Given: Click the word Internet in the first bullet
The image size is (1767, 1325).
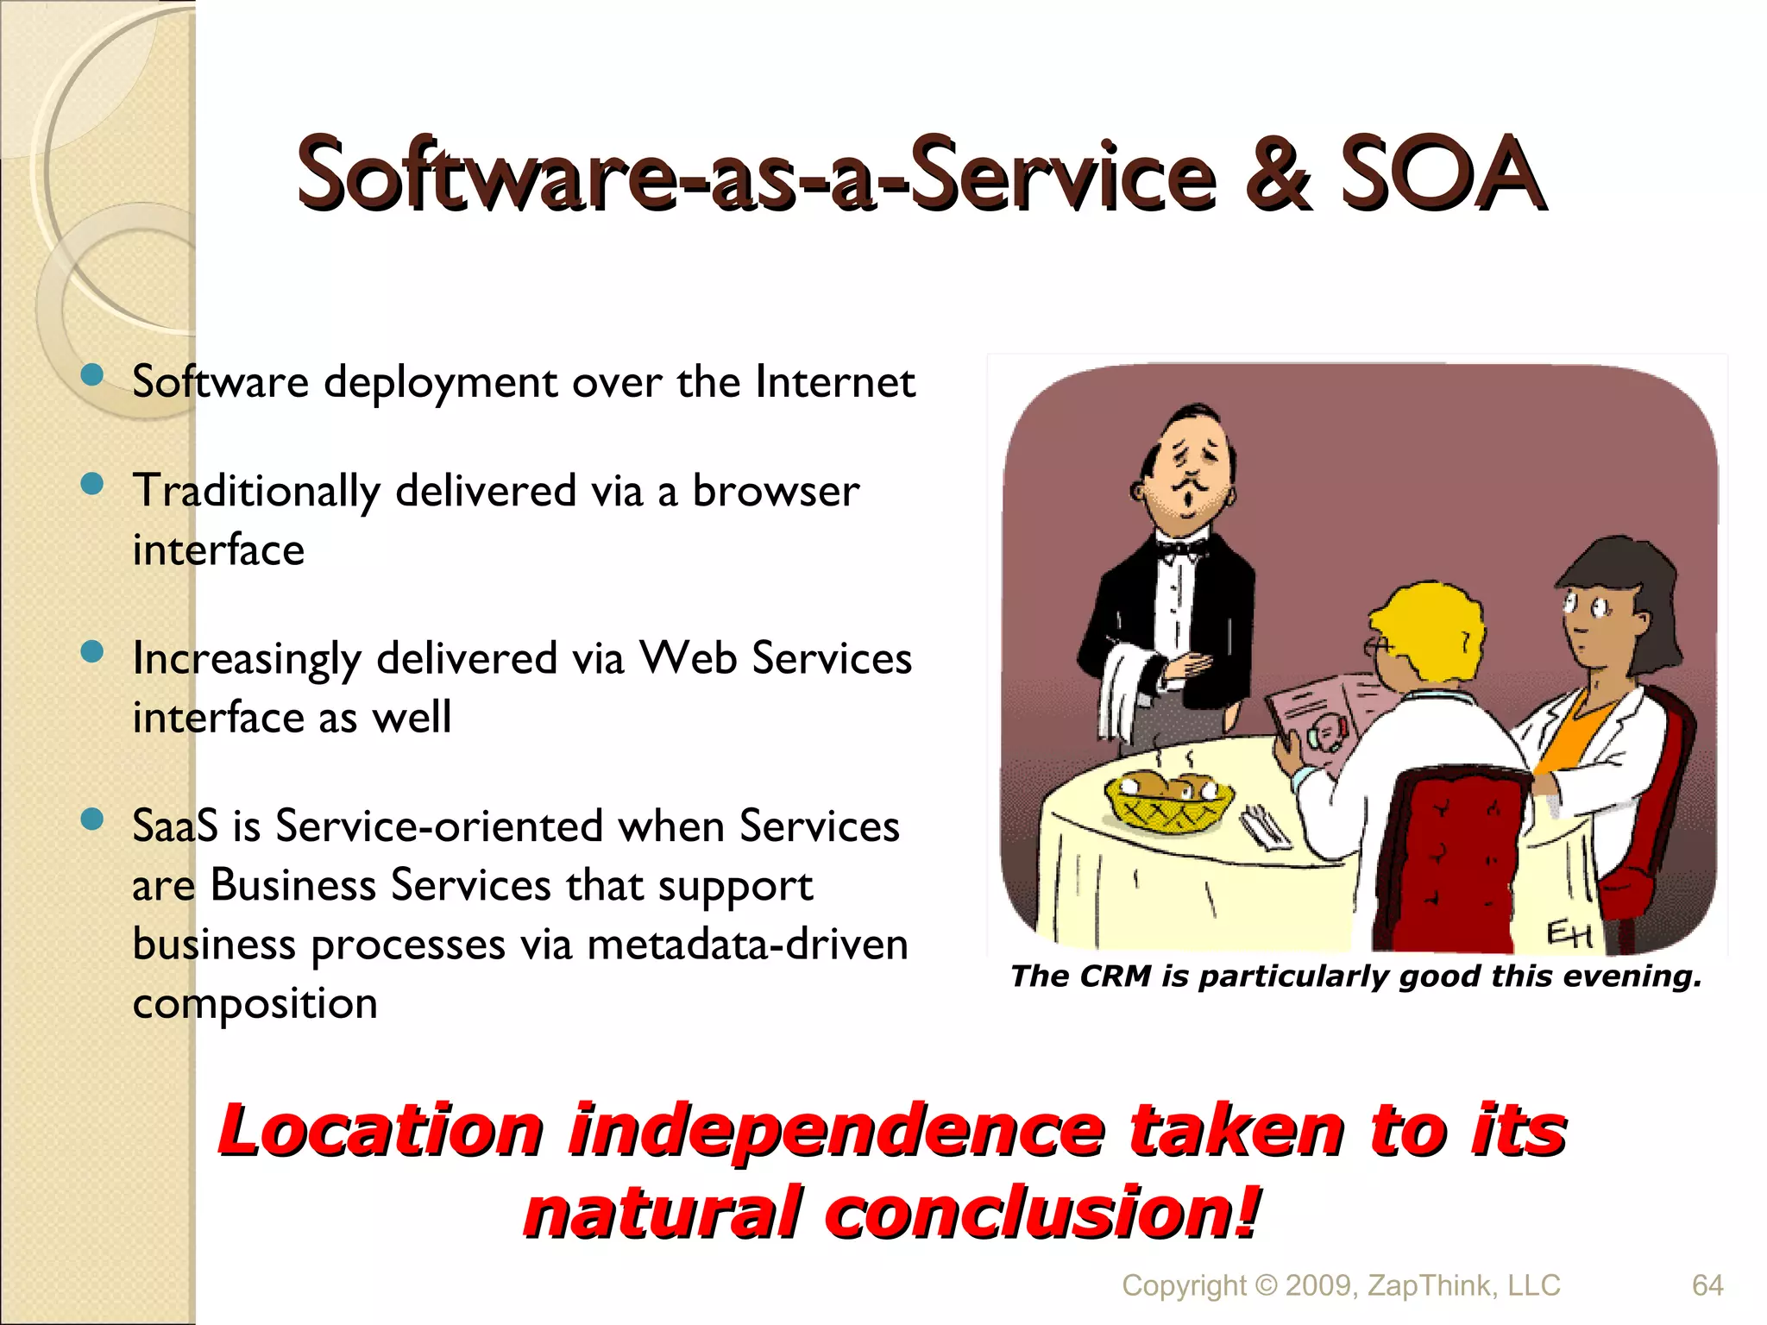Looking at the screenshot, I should pos(834,382).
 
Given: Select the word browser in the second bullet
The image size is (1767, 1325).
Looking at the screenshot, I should pos(776,492).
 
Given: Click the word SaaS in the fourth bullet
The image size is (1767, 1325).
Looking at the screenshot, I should pos(175,826).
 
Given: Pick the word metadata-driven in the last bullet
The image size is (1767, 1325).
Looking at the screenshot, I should pos(747,945).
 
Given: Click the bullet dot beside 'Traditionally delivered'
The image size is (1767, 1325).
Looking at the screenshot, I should pos(91,485).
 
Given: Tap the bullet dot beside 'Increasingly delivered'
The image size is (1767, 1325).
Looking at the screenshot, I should pos(91,652).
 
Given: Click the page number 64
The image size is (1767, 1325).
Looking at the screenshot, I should pos(1707,1285).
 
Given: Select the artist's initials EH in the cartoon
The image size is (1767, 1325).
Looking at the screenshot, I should pos(1568,933).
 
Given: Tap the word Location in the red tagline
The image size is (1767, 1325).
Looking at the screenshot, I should pos(380,1131).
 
